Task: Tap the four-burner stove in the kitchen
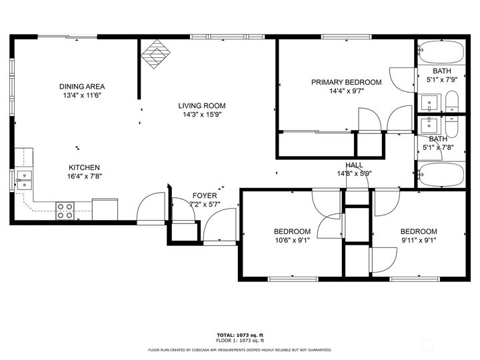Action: coord(65,211)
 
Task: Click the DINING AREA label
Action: coord(82,87)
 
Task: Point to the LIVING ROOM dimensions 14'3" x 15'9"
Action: coord(201,114)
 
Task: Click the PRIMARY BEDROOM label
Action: coord(346,83)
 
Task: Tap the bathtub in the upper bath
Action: coord(440,51)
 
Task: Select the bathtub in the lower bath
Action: coord(440,175)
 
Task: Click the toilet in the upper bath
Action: coord(453,103)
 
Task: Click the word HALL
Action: coord(354,165)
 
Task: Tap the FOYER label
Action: coord(205,196)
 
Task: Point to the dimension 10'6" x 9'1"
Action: coord(288,241)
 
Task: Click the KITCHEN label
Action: coord(85,167)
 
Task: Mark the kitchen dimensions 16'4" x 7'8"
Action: coord(85,177)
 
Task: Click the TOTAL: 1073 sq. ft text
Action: coord(239,335)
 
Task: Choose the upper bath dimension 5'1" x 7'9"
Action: coord(441,80)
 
